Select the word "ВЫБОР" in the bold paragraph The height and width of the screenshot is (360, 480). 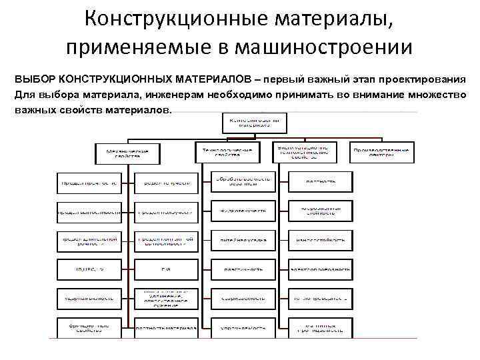34,78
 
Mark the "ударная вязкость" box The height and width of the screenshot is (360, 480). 89,299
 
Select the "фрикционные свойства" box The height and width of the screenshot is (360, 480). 89,328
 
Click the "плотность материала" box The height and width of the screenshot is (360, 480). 166,328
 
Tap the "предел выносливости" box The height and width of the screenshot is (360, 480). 89,211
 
